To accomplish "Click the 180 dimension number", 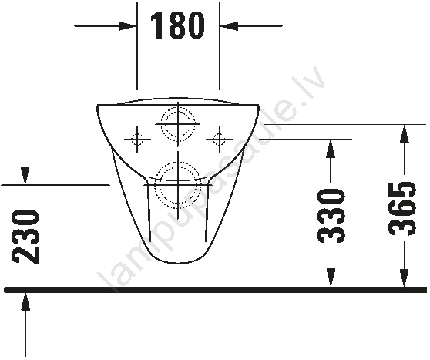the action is pyautogui.click(x=177, y=25).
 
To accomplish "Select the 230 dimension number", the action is pyautogui.click(x=25, y=237).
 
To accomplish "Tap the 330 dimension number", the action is pyautogui.click(x=331, y=216).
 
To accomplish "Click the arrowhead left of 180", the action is pyautogui.click(x=127, y=26).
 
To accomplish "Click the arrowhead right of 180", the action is pyautogui.click(x=228, y=26).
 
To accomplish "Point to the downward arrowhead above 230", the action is pyautogui.click(x=25, y=176).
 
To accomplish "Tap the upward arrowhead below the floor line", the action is pyautogui.click(x=25, y=302).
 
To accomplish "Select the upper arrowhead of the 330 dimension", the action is pyautogui.click(x=331, y=149).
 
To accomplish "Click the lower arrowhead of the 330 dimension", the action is pyautogui.click(x=331, y=278).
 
